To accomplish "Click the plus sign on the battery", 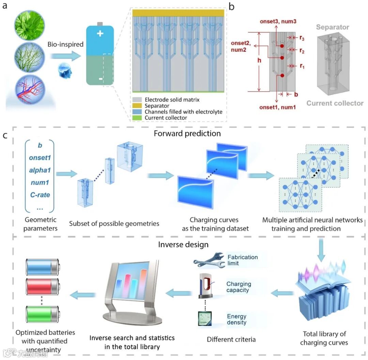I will (x=100, y=34).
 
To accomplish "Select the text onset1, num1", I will (x=278, y=107).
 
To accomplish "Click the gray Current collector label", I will (x=335, y=103).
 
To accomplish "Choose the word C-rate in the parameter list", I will (x=40, y=195).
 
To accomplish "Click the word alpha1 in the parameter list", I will (x=40, y=170).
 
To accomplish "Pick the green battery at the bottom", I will (x=42, y=314).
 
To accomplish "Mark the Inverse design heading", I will (x=183, y=244).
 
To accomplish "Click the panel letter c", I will (x=5, y=135).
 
